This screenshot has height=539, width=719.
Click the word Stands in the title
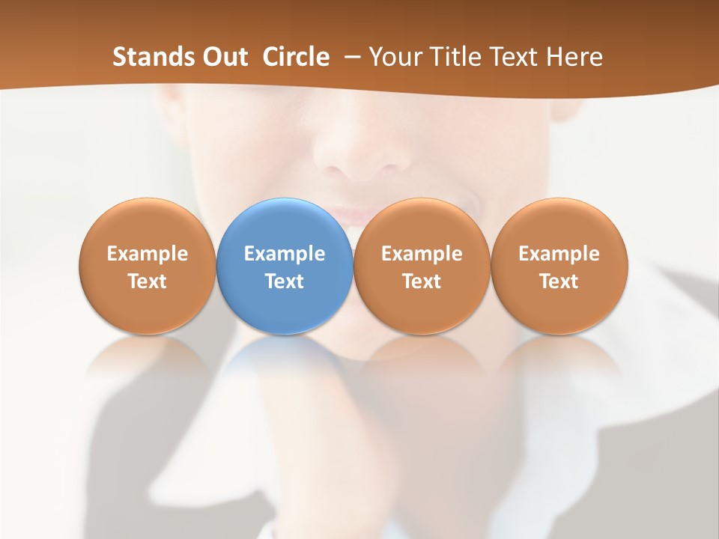coord(151,57)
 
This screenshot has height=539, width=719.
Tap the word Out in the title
coord(223,57)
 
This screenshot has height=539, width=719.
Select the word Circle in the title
coord(296,57)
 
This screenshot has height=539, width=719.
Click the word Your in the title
coord(396,57)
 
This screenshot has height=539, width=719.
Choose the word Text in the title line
coord(517,57)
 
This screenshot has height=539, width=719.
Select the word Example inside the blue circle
coord(285,254)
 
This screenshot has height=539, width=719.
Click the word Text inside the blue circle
coord(285,281)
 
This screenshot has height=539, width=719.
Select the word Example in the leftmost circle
coord(147,254)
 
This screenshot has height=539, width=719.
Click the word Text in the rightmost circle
coord(559,281)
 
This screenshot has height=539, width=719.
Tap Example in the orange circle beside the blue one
coord(422,254)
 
